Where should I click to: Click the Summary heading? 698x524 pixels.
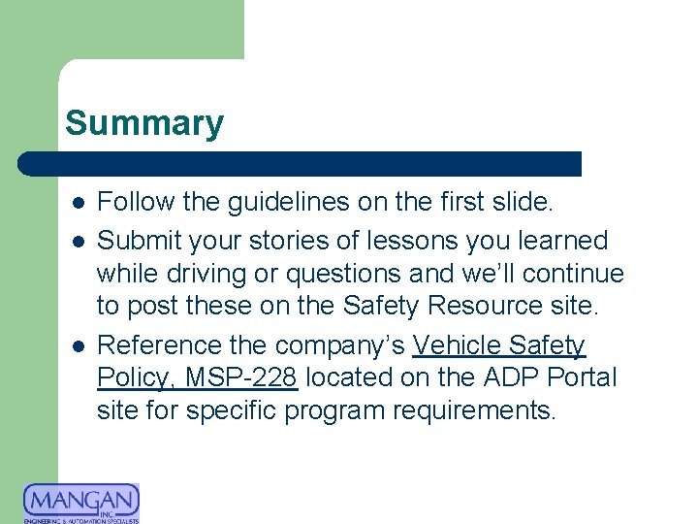tap(144, 123)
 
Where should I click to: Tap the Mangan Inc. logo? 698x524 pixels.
tap(81, 503)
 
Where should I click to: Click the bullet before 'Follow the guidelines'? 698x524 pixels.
tap(77, 204)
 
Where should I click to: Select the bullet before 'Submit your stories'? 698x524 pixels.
tap(77, 241)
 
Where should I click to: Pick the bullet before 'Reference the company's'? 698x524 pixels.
tap(77, 346)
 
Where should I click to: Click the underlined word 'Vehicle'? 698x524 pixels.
tap(461, 345)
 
